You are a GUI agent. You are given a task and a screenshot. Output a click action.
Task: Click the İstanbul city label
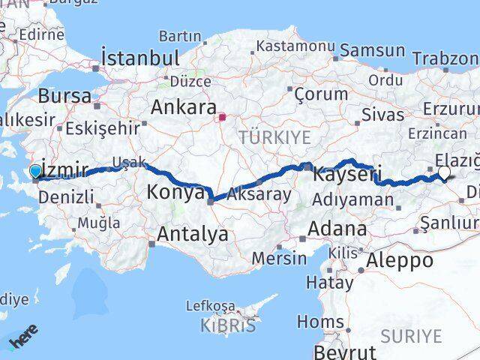(x=140, y=58)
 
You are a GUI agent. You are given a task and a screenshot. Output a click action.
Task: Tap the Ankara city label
(x=184, y=106)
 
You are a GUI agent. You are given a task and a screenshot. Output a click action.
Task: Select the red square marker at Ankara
(x=222, y=117)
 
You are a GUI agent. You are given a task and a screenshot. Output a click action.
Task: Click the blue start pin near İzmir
(x=35, y=172)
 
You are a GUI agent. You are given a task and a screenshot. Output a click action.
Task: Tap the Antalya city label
(x=191, y=234)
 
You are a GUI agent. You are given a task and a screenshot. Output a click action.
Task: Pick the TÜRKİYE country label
(x=263, y=137)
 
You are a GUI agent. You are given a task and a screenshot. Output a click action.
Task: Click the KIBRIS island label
(x=228, y=325)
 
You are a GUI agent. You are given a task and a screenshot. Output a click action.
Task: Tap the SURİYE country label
(x=411, y=336)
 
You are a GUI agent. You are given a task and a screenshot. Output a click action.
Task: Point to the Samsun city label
(x=373, y=51)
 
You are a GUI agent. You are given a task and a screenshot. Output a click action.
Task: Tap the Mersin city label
(x=279, y=258)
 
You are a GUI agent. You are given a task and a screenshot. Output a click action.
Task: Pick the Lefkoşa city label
(x=210, y=306)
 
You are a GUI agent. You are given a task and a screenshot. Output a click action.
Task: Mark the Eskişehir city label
(x=103, y=127)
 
